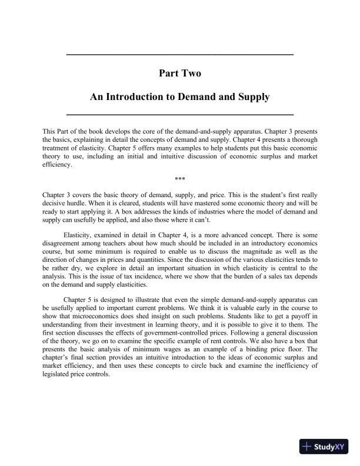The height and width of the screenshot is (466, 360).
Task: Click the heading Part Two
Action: point(179,73)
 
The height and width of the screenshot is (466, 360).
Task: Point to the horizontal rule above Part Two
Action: point(179,55)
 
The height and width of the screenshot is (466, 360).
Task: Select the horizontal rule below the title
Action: point(179,114)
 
